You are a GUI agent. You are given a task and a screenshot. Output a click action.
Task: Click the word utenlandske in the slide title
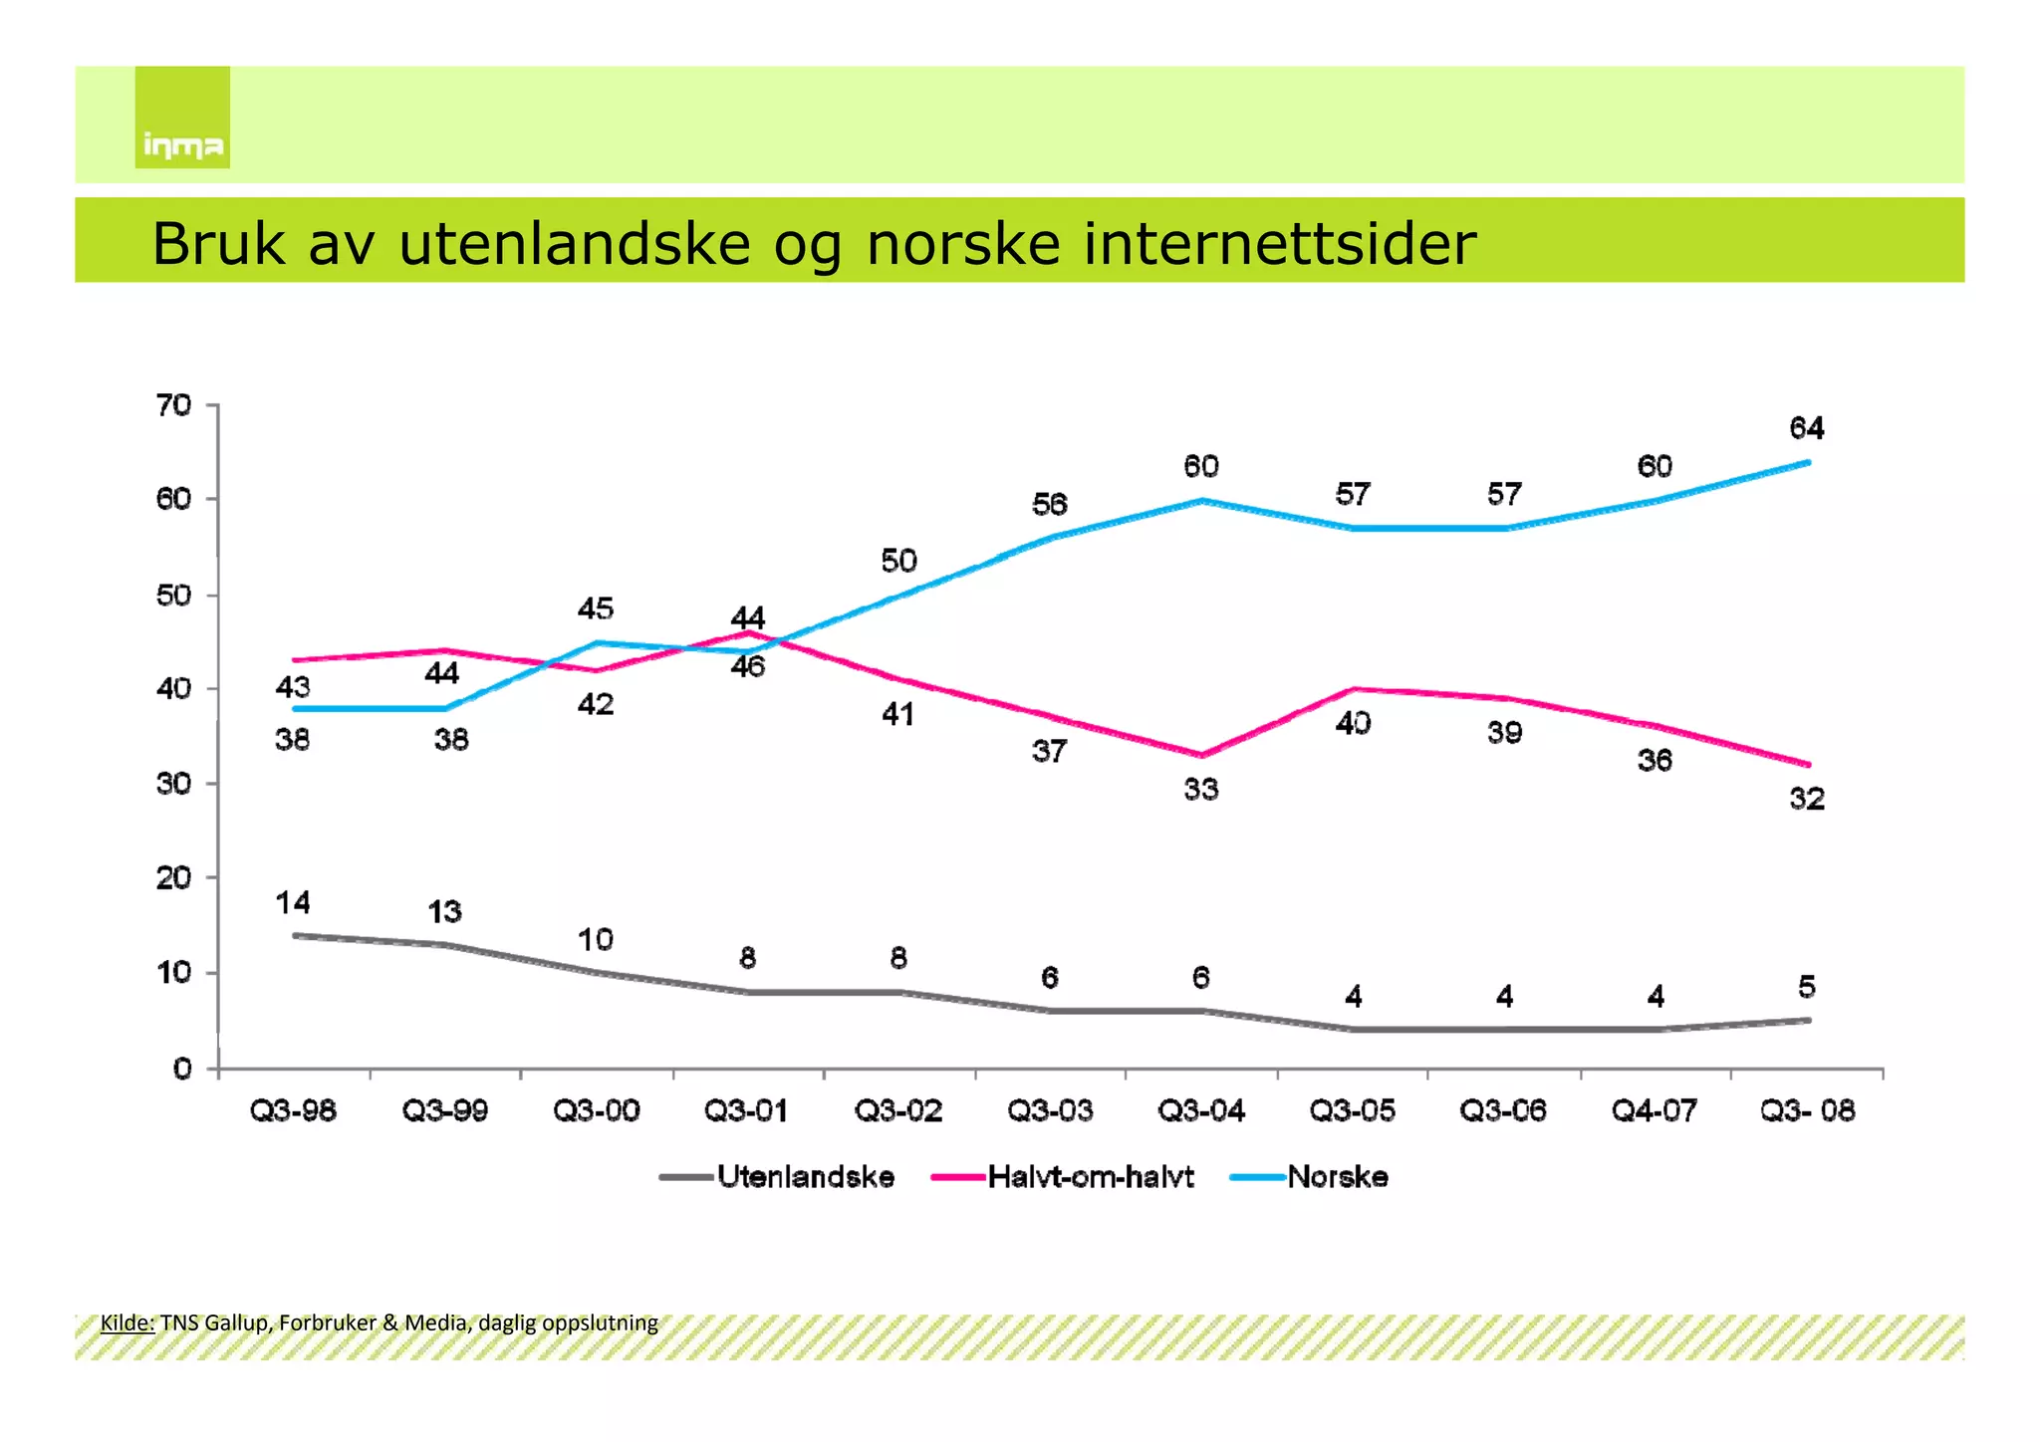[x=574, y=244]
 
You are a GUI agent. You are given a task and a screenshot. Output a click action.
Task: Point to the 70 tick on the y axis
[x=173, y=405]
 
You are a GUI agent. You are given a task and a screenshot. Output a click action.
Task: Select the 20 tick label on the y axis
[x=173, y=878]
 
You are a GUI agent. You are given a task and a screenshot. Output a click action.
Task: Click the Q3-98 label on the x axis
[x=293, y=1110]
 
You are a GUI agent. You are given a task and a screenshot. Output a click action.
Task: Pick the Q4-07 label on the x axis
[x=1655, y=1110]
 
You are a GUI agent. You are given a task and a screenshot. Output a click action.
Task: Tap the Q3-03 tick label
[x=1050, y=1110]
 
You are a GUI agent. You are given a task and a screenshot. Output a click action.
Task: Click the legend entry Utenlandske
[x=805, y=1177]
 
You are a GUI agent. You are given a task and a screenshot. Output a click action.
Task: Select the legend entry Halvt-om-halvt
[x=1091, y=1177]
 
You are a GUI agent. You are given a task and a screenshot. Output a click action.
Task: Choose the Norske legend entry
[x=1338, y=1177]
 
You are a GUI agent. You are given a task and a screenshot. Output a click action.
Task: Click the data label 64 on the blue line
[x=1807, y=428]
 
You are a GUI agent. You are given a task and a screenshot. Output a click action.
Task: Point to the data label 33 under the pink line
[x=1201, y=790]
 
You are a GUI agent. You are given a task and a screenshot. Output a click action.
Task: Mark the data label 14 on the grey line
[x=293, y=903]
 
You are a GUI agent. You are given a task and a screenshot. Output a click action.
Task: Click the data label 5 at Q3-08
[x=1807, y=987]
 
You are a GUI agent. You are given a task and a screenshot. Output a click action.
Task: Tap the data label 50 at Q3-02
[x=898, y=561]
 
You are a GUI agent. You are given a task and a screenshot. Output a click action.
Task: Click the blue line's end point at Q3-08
[x=1808, y=462]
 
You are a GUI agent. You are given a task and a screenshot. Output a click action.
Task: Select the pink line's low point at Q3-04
[x=1202, y=755]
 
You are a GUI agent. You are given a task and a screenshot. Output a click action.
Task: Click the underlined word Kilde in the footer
[x=127, y=1322]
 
